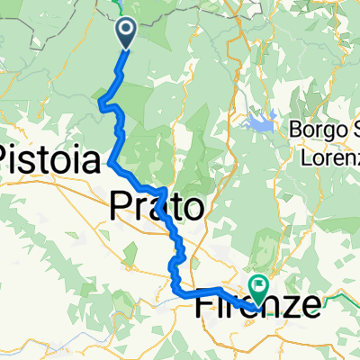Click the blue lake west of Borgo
pyautogui.click(x=261, y=121)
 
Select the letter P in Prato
pyautogui.click(x=121, y=207)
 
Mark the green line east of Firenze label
pyautogui.click(x=342, y=296)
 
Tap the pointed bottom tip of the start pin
pyautogui.click(x=126, y=46)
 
